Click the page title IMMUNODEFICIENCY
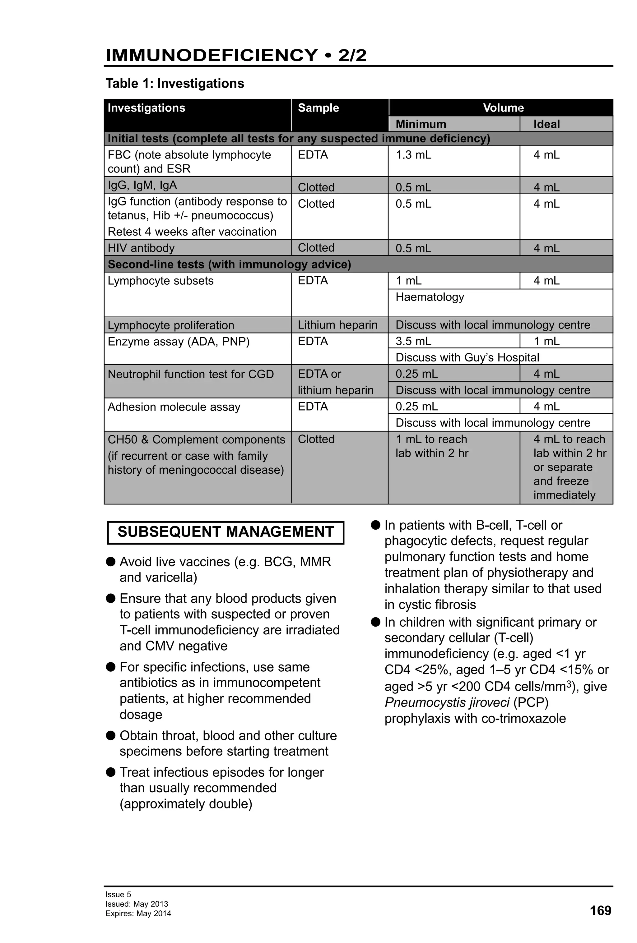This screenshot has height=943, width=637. coord(211,55)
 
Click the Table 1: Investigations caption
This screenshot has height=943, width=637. coord(174,83)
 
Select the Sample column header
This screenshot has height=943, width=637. coord(318,108)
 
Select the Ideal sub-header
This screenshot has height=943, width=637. coord(546,124)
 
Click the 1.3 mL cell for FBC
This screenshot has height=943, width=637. coord(413,155)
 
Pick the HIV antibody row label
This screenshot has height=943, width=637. coord(141,248)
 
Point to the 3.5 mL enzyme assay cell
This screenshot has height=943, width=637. coord(413,341)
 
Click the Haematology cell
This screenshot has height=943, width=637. coord(430,297)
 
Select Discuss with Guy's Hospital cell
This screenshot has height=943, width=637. coord(467,357)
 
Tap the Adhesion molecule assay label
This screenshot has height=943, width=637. coord(174,407)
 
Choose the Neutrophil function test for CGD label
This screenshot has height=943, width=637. coord(190,374)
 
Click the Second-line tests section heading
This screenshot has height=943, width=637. coord(229,264)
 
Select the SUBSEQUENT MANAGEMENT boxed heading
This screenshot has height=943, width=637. coord(225,532)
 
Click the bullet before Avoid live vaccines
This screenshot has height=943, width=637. coord(110,562)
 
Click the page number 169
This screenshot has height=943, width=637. coord(600,911)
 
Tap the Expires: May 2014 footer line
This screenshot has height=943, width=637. coord(138,914)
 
